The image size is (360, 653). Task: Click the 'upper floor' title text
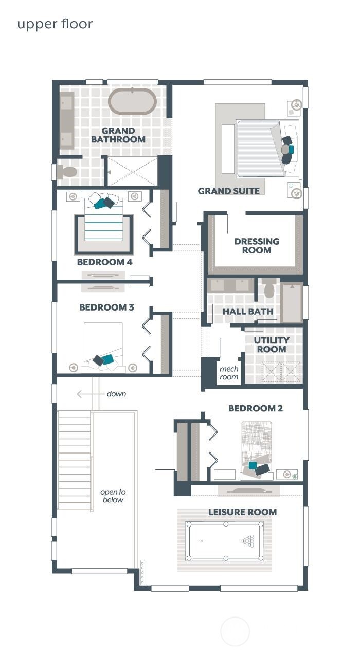click(55, 24)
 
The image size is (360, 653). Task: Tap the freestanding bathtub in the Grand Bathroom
click(132, 101)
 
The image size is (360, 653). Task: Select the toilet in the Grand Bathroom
click(67, 172)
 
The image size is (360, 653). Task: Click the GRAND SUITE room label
click(228, 191)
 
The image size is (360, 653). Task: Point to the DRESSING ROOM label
click(257, 246)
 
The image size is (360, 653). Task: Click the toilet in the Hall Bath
click(269, 289)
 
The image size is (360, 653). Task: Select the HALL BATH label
click(247, 312)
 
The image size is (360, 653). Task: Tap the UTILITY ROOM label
click(272, 344)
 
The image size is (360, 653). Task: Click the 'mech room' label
click(229, 373)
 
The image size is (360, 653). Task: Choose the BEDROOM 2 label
click(256, 409)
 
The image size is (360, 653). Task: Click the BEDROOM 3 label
click(106, 307)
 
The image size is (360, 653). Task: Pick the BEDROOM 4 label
click(104, 262)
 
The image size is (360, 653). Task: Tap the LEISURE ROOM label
click(242, 512)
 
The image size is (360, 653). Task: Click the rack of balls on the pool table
click(248, 541)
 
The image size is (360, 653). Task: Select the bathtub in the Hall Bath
click(292, 303)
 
